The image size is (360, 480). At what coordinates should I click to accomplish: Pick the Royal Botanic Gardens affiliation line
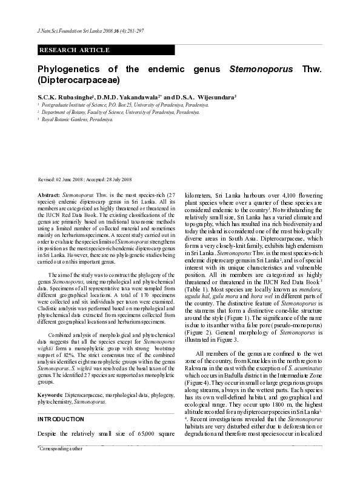[79, 120]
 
